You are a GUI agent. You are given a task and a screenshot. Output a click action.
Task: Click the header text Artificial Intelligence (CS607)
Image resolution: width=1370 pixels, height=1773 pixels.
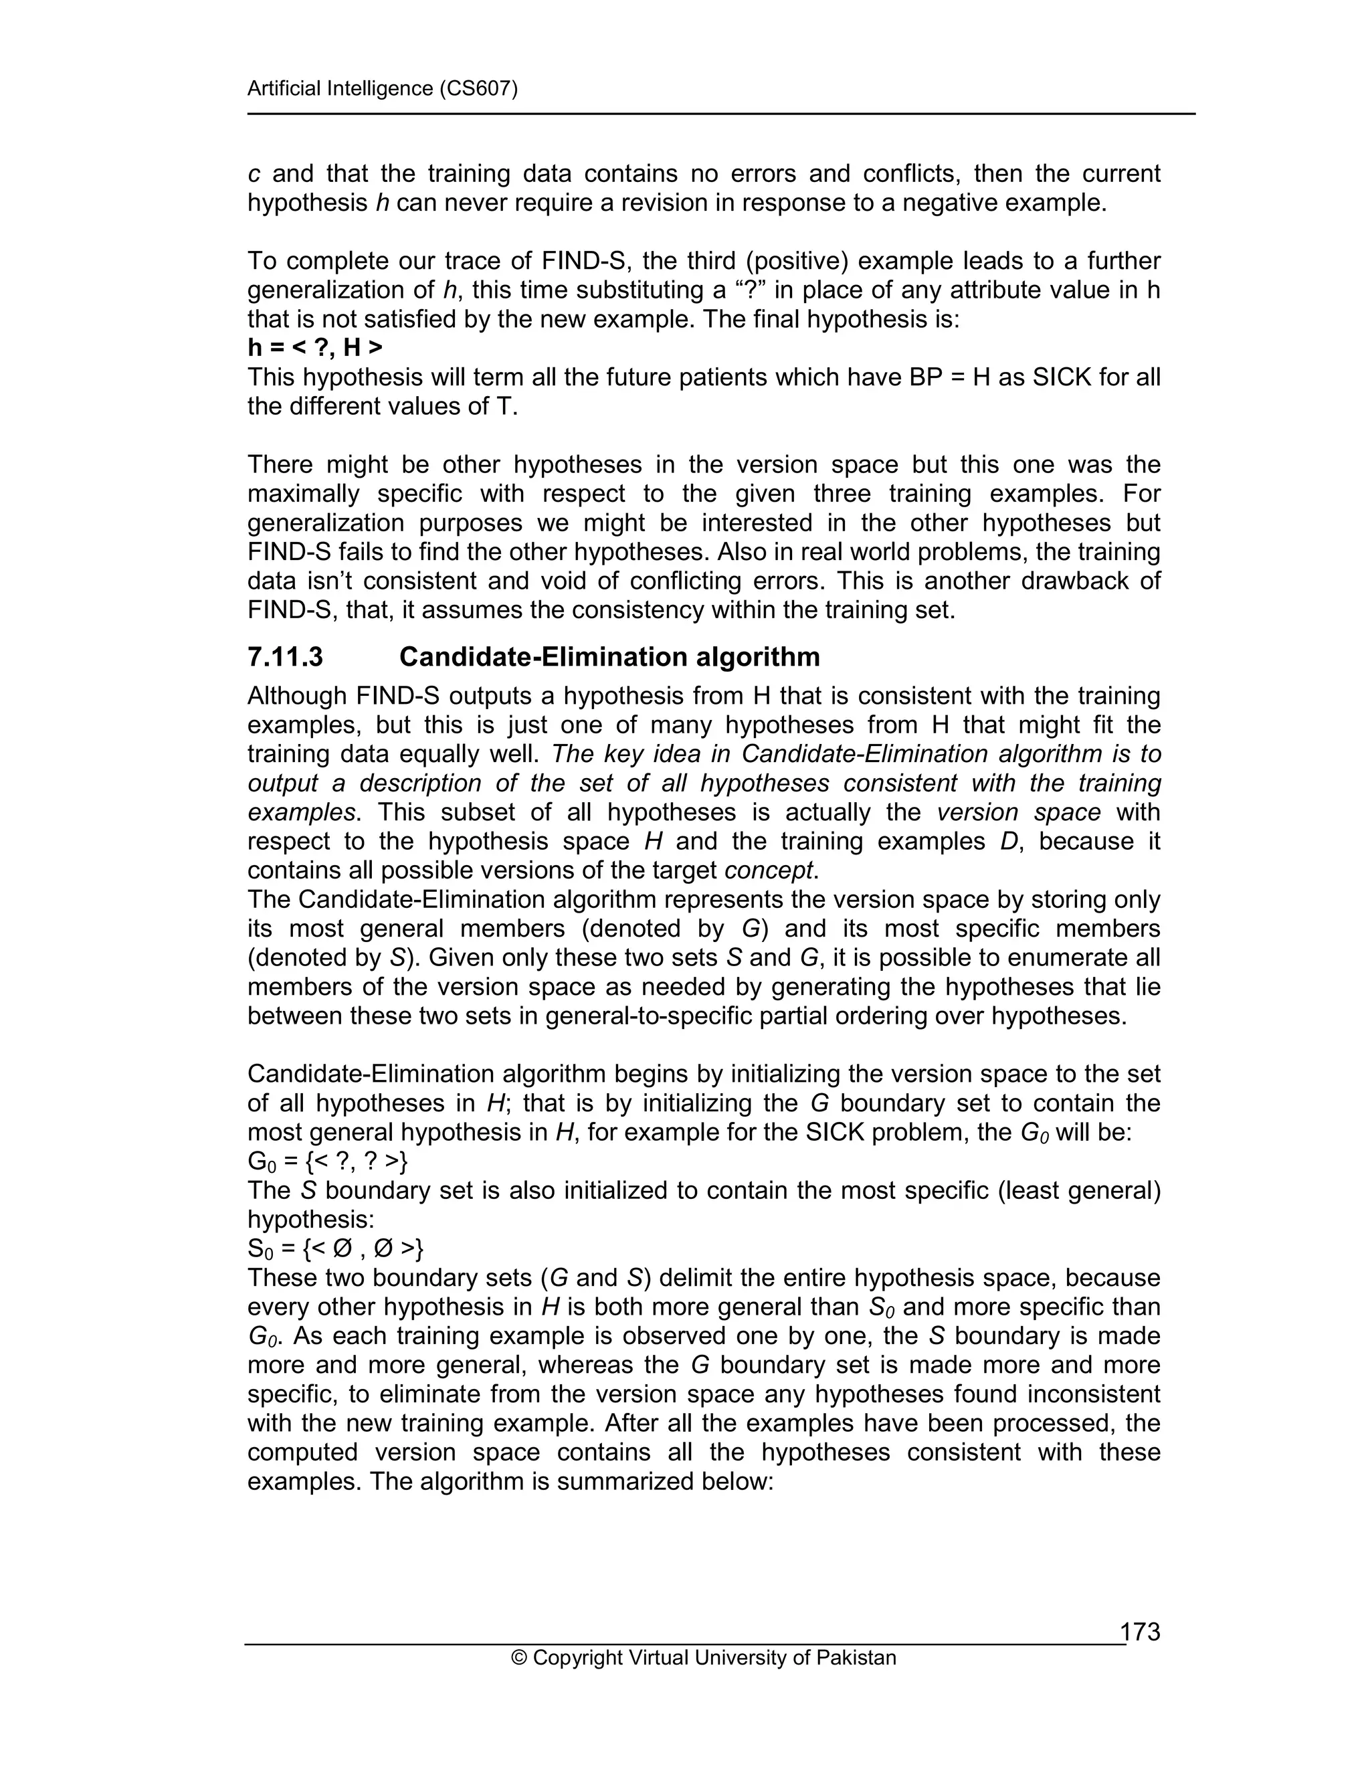tap(382, 88)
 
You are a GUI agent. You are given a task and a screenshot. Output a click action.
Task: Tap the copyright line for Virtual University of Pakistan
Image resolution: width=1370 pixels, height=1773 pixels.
tap(704, 1657)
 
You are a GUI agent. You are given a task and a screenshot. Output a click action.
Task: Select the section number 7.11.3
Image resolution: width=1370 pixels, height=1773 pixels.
tap(285, 657)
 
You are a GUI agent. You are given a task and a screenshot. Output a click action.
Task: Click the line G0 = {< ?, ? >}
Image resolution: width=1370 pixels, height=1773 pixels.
tap(328, 1161)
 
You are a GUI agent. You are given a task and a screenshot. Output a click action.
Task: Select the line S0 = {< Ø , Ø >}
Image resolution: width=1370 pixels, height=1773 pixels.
tap(335, 1248)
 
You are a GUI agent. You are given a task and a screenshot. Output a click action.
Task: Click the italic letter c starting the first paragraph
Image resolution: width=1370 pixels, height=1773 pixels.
tap(254, 174)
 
